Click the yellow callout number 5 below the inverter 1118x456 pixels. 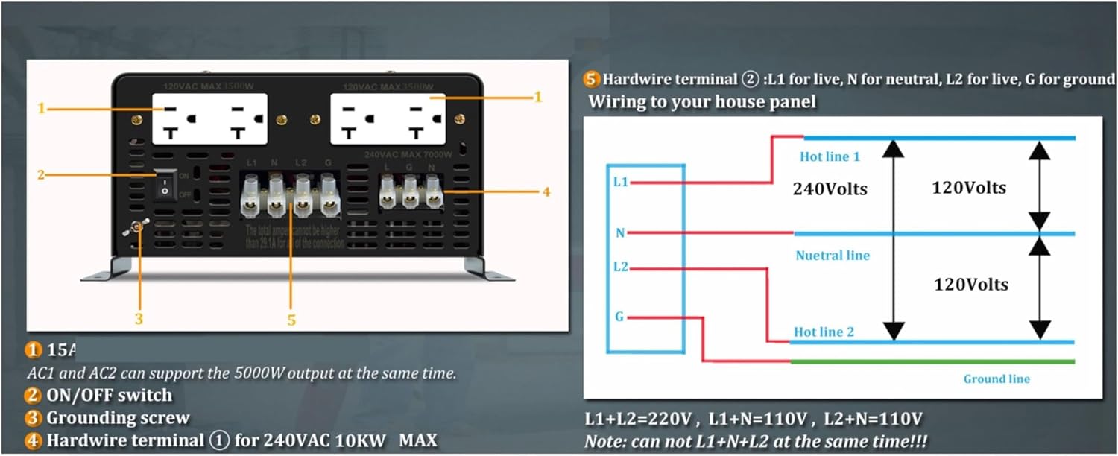pyautogui.click(x=291, y=320)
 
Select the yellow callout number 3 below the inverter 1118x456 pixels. pyautogui.click(x=139, y=319)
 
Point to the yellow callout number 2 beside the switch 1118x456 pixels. pyautogui.click(x=42, y=175)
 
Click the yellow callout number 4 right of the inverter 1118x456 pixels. pyautogui.click(x=546, y=191)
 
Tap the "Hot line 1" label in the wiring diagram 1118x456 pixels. pyautogui.click(x=830, y=156)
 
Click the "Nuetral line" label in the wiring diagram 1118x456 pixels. pyautogui.click(x=833, y=256)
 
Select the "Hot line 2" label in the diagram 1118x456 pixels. pyautogui.click(x=824, y=332)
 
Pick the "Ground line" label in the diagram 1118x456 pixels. pyautogui.click(x=997, y=379)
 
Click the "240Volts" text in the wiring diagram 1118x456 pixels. pyautogui.click(x=830, y=189)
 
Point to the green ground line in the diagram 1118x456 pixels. pyautogui.click(x=932, y=362)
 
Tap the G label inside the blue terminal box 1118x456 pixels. pyautogui.click(x=619, y=317)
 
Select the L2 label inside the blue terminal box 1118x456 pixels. pyautogui.click(x=620, y=266)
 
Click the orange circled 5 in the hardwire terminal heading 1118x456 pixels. pyautogui.click(x=593, y=79)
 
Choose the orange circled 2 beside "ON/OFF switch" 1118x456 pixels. pyautogui.click(x=34, y=396)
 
